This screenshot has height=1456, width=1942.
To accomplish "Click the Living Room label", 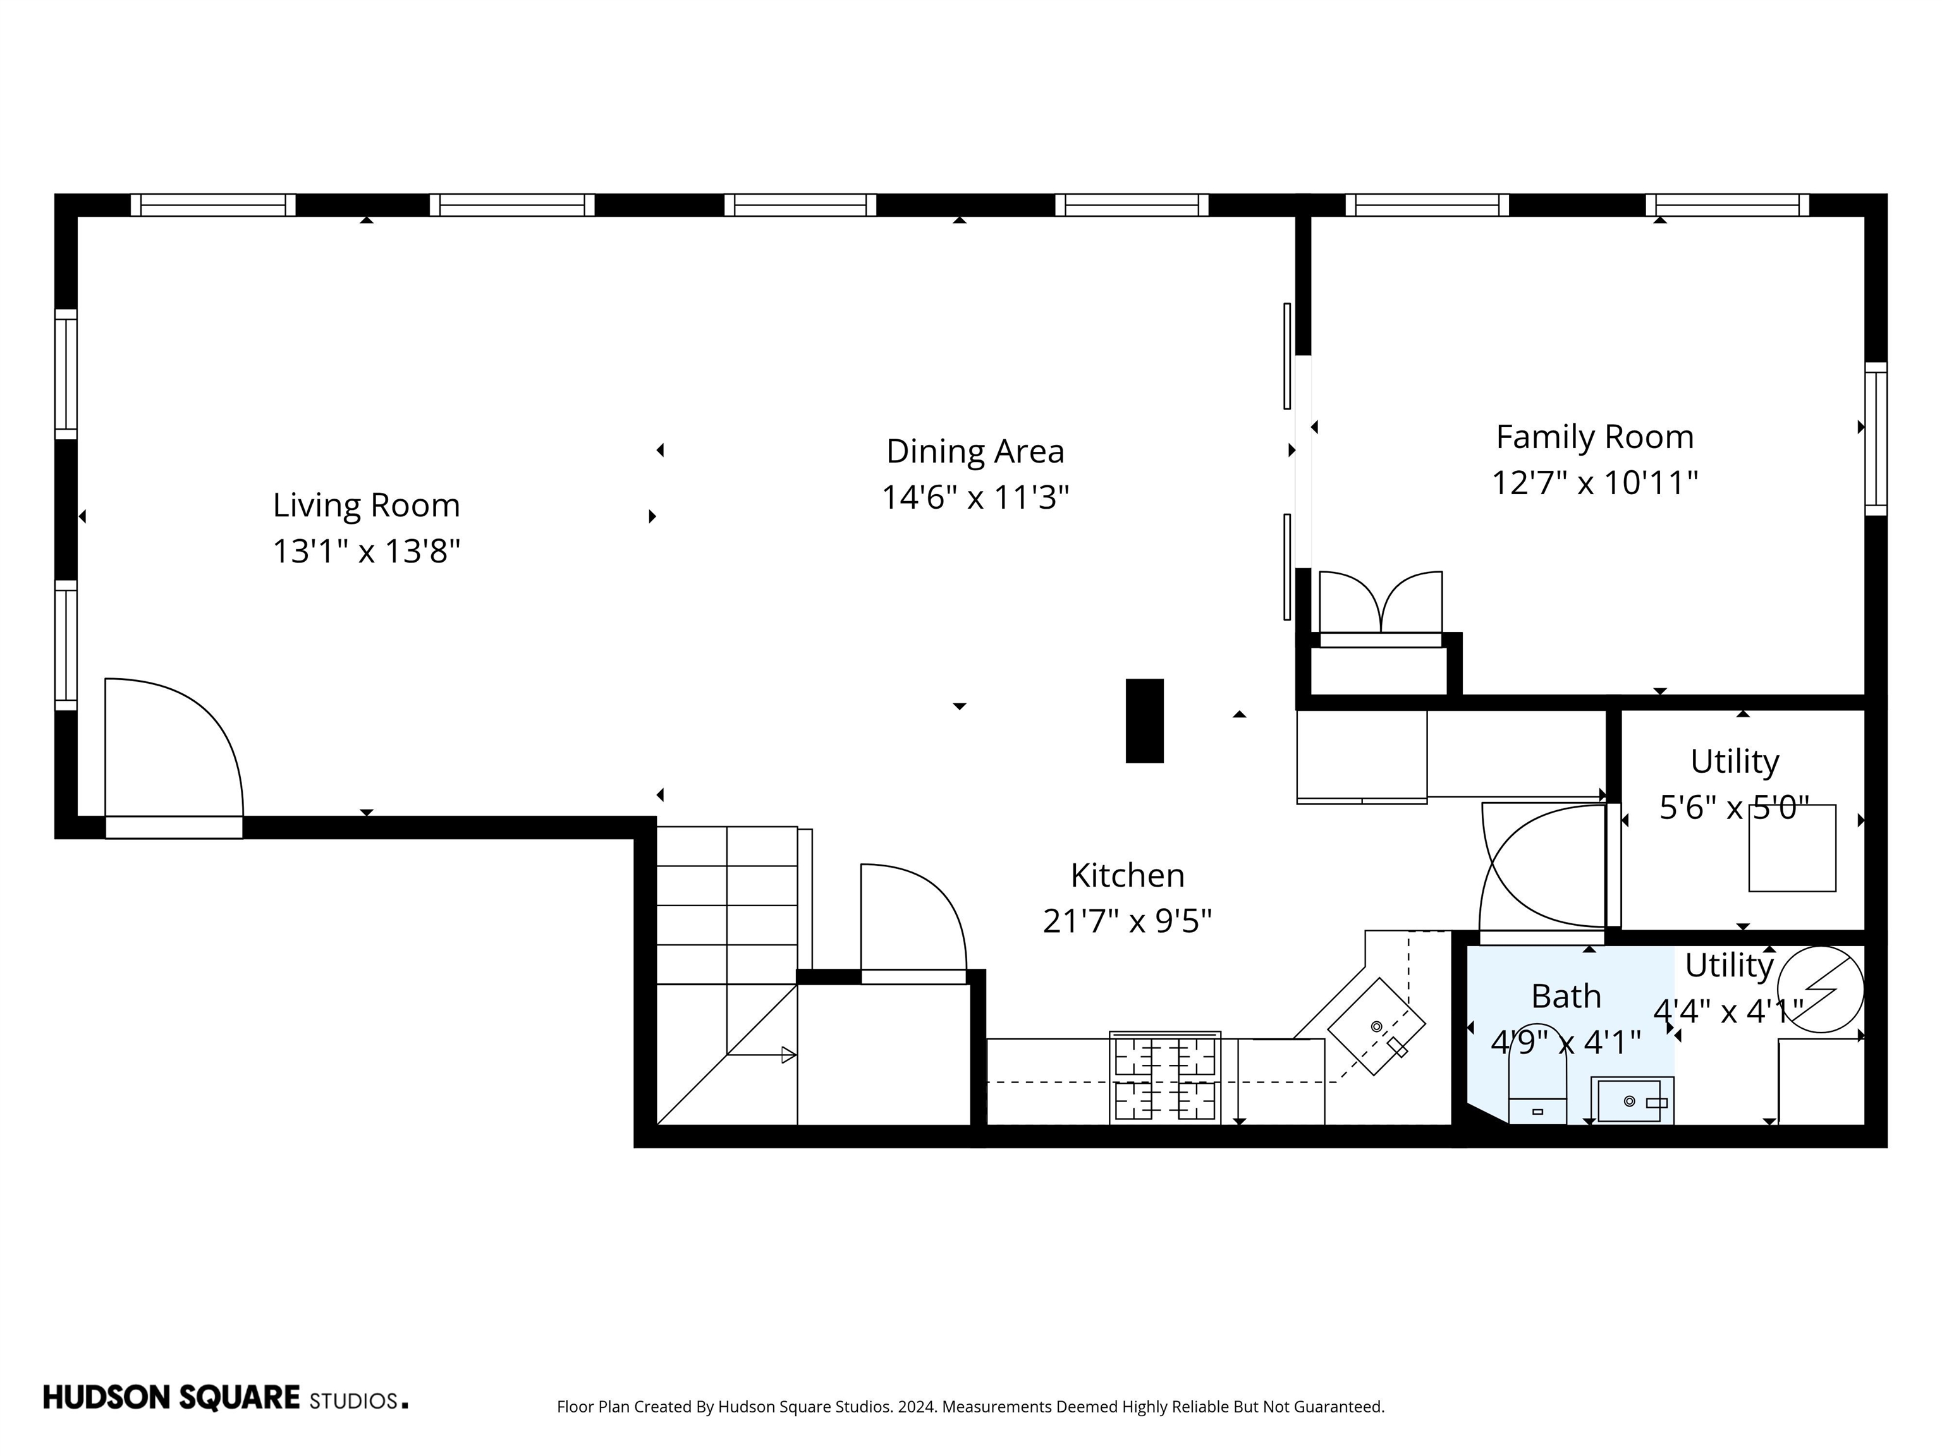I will pos(366,506).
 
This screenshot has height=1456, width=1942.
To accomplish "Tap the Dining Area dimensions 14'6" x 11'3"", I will pos(975,497).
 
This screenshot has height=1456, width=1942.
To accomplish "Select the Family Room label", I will pos(1594,437).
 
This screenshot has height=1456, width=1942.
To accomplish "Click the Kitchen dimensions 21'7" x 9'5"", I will pos(1127,921).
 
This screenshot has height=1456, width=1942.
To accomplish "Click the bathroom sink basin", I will pos(1630,1101).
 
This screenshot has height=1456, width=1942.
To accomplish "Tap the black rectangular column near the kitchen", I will pos(1144,720).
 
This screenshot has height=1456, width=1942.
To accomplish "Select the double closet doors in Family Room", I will pos(1380,604).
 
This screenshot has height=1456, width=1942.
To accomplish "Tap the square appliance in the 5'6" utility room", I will pos(1792,848).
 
